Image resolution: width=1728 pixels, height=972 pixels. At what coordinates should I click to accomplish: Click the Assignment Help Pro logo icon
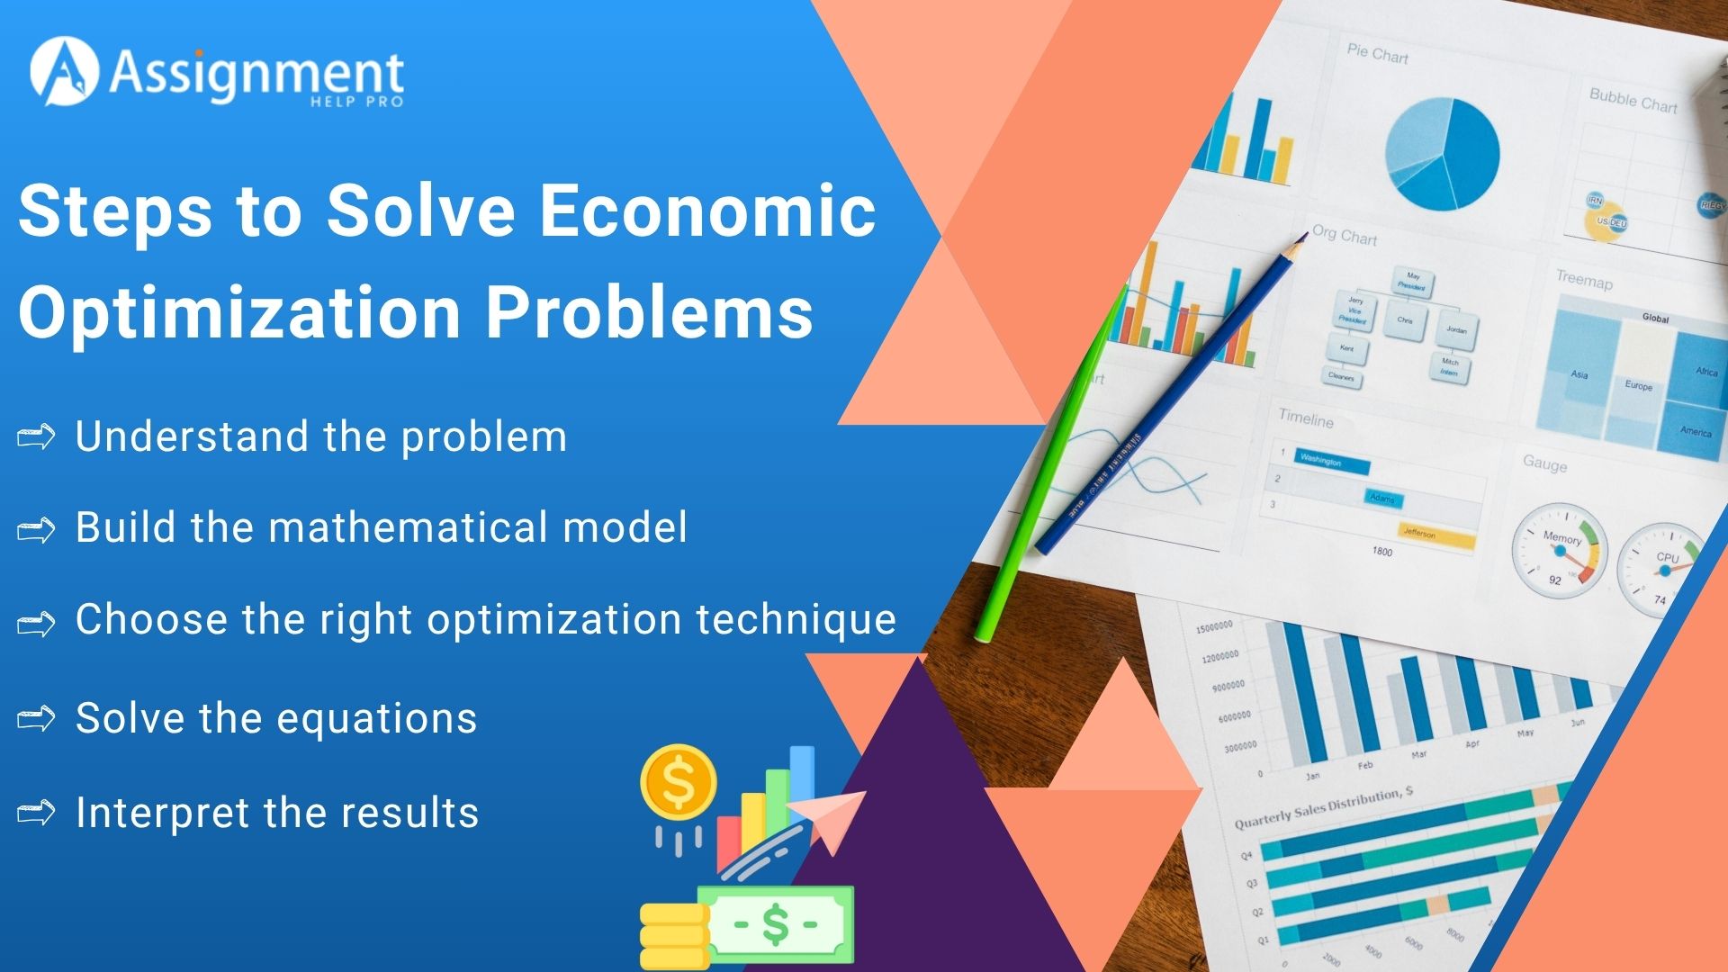click(x=64, y=72)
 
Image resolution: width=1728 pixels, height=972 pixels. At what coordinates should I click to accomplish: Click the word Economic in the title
click(x=706, y=211)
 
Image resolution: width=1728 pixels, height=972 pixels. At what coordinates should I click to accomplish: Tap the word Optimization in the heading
click(x=239, y=313)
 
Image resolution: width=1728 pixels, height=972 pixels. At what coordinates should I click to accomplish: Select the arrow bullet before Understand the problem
click(x=36, y=438)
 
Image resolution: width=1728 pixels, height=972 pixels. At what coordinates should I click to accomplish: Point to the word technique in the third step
click(x=796, y=619)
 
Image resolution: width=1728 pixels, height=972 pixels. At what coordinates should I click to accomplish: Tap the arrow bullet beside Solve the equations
click(x=36, y=719)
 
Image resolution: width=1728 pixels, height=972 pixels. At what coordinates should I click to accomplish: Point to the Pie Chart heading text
click(x=1377, y=54)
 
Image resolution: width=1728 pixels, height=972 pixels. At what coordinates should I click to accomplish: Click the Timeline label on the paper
click(x=1306, y=419)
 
